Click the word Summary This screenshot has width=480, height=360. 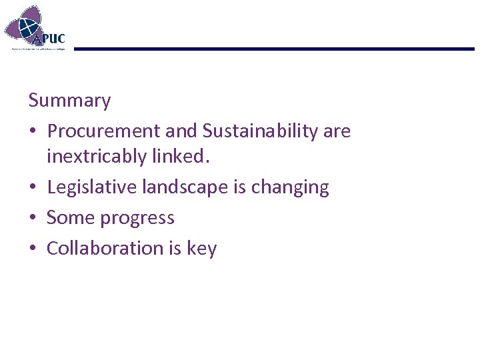click(x=69, y=101)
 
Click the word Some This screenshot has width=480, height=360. click(x=69, y=218)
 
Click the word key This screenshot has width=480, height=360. click(x=202, y=249)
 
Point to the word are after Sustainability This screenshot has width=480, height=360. click(x=337, y=131)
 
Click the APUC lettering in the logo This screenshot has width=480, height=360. click(x=52, y=38)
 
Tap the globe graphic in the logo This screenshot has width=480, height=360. click(x=28, y=27)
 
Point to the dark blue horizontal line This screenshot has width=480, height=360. click(x=273, y=49)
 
